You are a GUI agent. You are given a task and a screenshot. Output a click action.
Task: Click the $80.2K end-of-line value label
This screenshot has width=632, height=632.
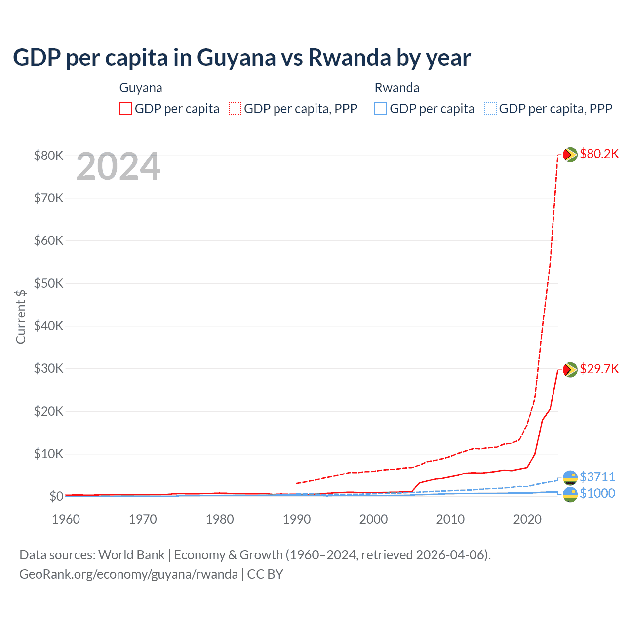pos(599,154)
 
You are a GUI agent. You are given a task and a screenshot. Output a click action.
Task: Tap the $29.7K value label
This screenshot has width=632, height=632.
pos(599,369)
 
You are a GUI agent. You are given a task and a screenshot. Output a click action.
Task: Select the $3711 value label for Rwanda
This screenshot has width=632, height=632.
pos(597,477)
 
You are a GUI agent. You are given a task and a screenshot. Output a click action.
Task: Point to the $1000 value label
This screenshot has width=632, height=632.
pos(597,493)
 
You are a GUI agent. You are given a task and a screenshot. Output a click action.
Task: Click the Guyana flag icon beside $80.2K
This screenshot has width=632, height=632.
pos(570,155)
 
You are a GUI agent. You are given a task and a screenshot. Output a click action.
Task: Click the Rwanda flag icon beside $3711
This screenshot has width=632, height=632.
pos(570,477)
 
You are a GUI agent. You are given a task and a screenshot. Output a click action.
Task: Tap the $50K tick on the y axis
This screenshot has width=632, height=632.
pos(48,283)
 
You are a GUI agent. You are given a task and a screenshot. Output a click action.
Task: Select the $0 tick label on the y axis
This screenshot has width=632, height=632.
pos(56,496)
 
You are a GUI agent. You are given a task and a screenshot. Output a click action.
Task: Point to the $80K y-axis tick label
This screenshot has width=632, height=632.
pos(48,156)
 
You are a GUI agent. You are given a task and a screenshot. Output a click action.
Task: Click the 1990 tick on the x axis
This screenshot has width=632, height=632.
pos(297,519)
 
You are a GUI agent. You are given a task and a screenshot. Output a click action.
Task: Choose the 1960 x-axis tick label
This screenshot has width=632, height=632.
pos(66,519)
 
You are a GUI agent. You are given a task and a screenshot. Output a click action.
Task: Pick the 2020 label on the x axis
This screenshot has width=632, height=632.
pos(527,519)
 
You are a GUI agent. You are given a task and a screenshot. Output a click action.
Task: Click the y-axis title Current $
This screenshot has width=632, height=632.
pos(21,316)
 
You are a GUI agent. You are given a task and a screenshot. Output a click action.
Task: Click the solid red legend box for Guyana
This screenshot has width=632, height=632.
pos(126,109)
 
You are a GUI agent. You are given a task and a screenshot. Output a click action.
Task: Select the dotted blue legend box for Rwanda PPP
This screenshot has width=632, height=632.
pos(490,109)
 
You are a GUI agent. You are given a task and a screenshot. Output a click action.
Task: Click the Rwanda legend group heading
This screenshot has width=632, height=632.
pos(397,88)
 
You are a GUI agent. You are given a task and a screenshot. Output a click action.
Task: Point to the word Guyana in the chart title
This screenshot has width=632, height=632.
pos(236,57)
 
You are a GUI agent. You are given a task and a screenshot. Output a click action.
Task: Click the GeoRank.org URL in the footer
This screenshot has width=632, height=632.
pos(128,574)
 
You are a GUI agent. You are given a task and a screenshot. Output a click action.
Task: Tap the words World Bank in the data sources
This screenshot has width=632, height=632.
pos(131,555)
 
